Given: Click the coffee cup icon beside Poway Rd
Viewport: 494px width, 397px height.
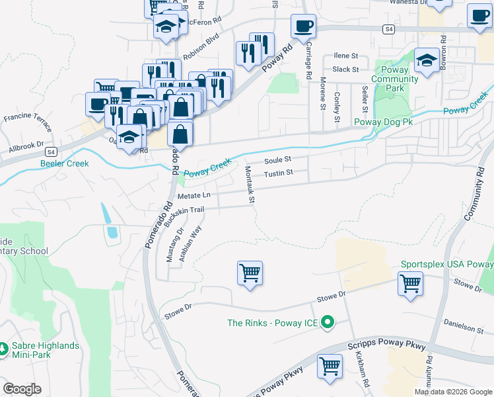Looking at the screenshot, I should tap(304, 26).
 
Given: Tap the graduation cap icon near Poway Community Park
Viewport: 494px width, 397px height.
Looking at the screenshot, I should tap(427, 61).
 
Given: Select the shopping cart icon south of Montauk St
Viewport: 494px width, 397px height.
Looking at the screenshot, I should tap(250, 273).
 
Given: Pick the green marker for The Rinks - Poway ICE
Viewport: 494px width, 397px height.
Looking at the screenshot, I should tap(327, 324).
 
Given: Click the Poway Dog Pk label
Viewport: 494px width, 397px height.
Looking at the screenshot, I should tap(383, 122).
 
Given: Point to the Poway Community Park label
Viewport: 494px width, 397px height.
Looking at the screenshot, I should tap(395, 79).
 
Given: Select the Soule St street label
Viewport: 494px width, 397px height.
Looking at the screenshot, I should tap(277, 160).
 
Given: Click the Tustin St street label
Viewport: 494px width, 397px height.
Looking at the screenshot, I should tap(278, 173).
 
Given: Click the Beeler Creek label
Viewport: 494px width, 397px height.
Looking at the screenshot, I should tap(65, 163).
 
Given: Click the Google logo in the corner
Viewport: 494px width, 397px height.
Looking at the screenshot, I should tap(22, 389).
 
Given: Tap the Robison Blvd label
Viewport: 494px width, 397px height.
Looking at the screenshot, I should tap(201, 40).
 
